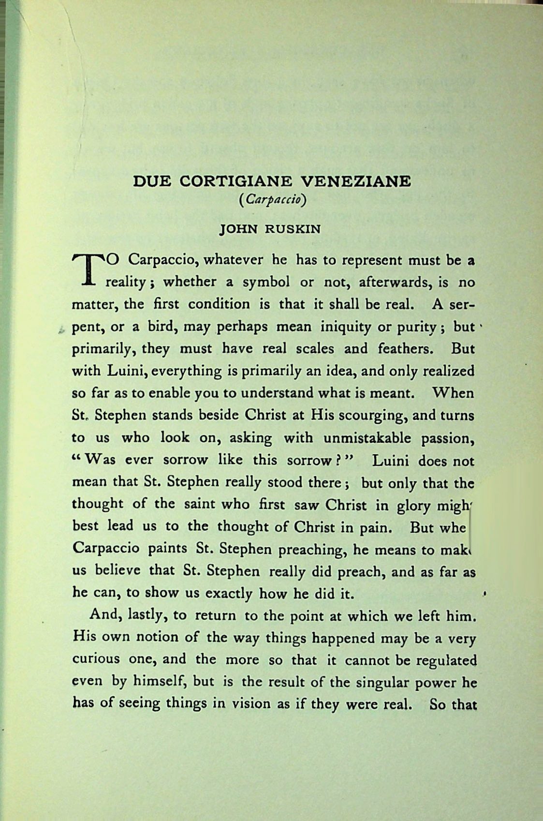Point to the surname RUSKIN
click(x=293, y=229)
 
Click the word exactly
click(x=229, y=594)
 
